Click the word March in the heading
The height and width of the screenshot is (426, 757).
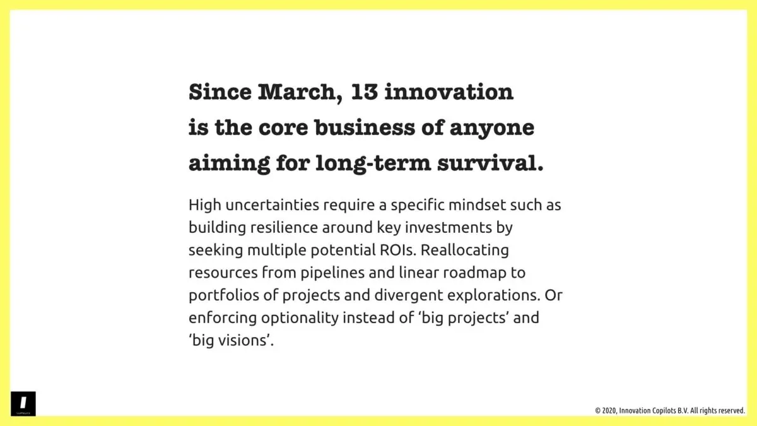[296, 93]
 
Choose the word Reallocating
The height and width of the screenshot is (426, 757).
[464, 250]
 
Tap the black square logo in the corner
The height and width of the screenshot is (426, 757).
[23, 403]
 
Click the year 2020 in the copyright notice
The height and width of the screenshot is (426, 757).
[609, 411]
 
